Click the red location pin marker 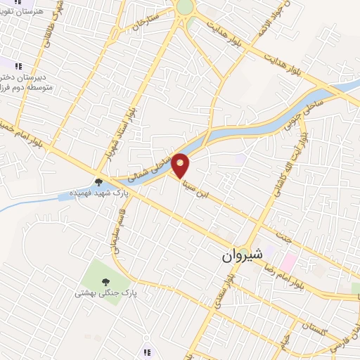tap(181, 165)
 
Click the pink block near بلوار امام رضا tap(288, 263)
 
